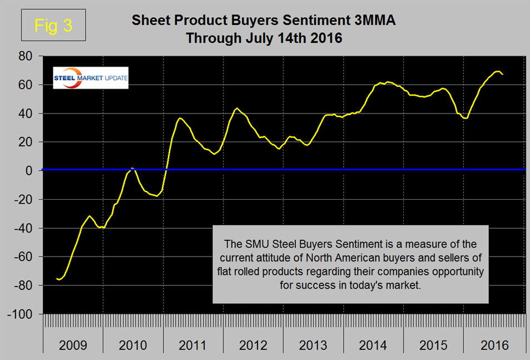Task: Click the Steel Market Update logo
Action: pyautogui.click(x=91, y=78)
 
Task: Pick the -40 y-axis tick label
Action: pyautogui.click(x=26, y=228)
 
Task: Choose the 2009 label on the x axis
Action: pyautogui.click(x=73, y=345)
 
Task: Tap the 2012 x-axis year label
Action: pyautogui.click(x=253, y=345)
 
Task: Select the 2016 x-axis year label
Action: pyautogui.click(x=494, y=345)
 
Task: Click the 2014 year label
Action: pyautogui.click(x=374, y=345)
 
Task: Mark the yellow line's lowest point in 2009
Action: pyautogui.click(x=59, y=279)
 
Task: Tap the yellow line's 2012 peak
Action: pyautogui.click(x=237, y=108)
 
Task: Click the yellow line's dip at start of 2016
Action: pyautogui.click(x=466, y=118)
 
